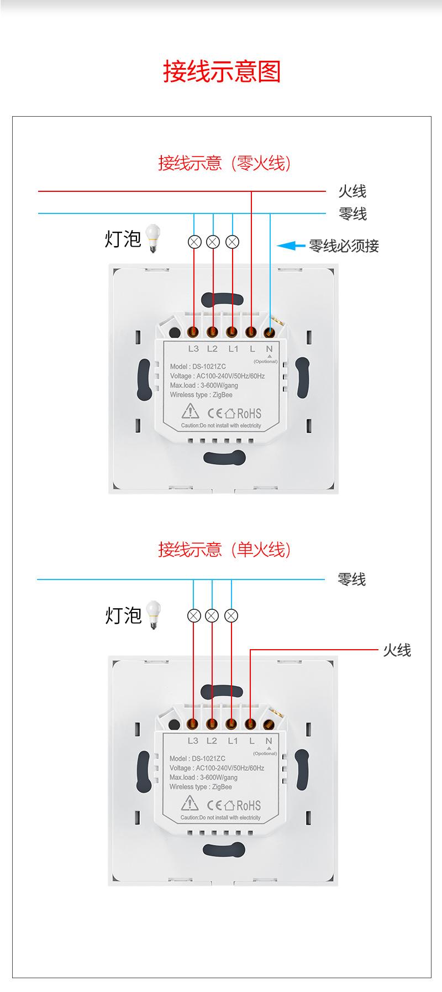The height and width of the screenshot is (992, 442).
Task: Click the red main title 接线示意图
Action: pyautogui.click(x=222, y=72)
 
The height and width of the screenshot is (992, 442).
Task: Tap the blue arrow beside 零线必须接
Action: pyautogui.click(x=291, y=245)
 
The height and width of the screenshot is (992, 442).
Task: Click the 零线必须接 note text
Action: pyautogui.click(x=344, y=246)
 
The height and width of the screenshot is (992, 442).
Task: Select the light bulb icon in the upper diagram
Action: pyautogui.click(x=152, y=238)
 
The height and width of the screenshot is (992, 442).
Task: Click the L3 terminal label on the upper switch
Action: pyautogui.click(x=193, y=349)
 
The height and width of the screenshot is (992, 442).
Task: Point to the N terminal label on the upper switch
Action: pyautogui.click(x=269, y=349)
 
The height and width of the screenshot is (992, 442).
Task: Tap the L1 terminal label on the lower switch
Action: pyautogui.click(x=233, y=741)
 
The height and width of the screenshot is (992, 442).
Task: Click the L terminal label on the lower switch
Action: pyautogui.click(x=252, y=741)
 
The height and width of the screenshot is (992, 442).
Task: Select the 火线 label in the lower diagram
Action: pyautogui.click(x=397, y=650)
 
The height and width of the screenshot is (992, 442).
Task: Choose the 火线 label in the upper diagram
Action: pyautogui.click(x=352, y=191)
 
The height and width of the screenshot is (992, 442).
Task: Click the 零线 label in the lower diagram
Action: pyautogui.click(x=352, y=579)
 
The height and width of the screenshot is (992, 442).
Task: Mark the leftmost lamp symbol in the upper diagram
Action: pyautogui.click(x=194, y=242)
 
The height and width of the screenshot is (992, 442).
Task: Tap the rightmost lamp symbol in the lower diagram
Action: pyautogui.click(x=232, y=615)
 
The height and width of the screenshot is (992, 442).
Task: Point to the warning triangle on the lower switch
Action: pyautogui.click(x=190, y=803)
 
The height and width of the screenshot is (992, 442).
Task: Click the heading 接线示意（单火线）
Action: pyautogui.click(x=224, y=550)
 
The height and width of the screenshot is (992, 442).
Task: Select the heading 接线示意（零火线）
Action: pyautogui.click(x=224, y=163)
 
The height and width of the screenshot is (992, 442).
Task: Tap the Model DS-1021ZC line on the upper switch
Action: pyautogui.click(x=198, y=367)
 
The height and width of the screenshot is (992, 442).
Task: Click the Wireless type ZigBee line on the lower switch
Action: pyautogui.click(x=201, y=787)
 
